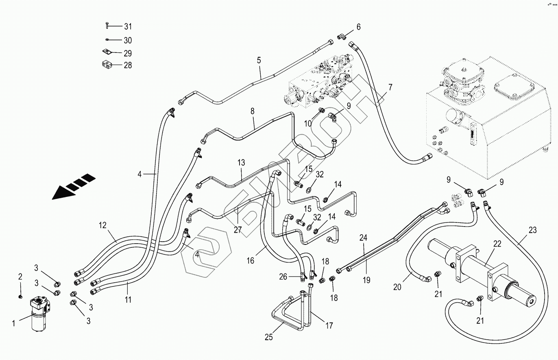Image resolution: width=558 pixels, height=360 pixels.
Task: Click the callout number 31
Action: point(128,26)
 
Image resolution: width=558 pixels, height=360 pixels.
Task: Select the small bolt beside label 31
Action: point(106,26)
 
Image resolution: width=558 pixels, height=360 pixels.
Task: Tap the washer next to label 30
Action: point(106,40)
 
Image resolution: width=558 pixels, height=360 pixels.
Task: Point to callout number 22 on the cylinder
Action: point(497,244)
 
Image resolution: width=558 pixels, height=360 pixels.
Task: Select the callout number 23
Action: point(533,231)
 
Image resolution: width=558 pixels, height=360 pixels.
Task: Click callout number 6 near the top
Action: point(358,27)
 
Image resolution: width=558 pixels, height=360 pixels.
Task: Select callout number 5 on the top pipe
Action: point(259,61)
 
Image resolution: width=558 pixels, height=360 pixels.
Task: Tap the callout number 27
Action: point(238,230)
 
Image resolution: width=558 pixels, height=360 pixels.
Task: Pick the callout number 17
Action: point(329,325)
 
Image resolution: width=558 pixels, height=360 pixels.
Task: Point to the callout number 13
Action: point(242,163)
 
